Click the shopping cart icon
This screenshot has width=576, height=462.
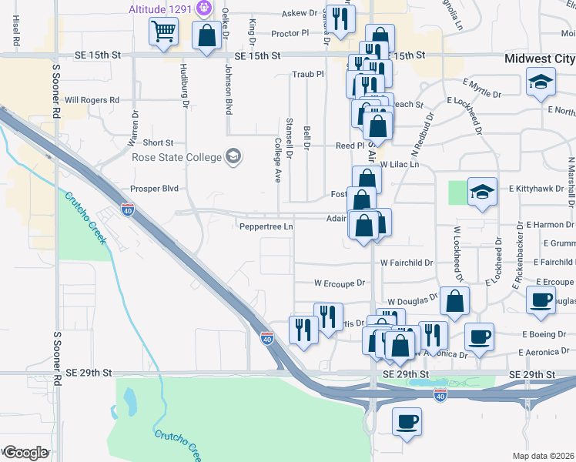pyautogui.click(x=162, y=32)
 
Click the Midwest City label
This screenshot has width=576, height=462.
pyautogui.click(x=539, y=58)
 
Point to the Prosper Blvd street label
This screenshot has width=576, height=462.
pyautogui.click(x=154, y=189)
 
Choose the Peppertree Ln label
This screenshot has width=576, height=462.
pyautogui.click(x=266, y=226)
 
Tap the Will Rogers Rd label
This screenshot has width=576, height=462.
pyautogui.click(x=92, y=100)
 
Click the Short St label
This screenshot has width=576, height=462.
pyautogui.click(x=159, y=142)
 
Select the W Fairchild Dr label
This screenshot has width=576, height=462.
pyautogui.click(x=407, y=263)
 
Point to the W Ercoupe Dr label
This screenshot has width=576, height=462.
pyautogui.click(x=339, y=283)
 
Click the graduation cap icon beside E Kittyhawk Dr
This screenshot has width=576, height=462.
pyautogui.click(x=482, y=191)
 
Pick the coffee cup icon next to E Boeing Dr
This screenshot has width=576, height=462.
pyautogui.click(x=479, y=336)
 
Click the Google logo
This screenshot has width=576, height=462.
pyautogui.click(x=25, y=453)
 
